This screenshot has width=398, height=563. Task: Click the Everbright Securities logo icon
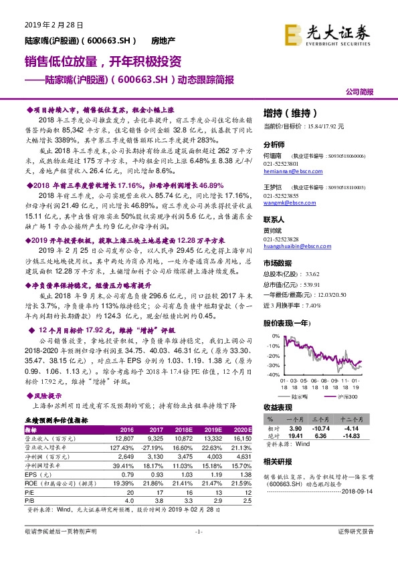[292, 31]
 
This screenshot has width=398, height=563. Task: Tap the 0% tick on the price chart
[274, 334]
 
